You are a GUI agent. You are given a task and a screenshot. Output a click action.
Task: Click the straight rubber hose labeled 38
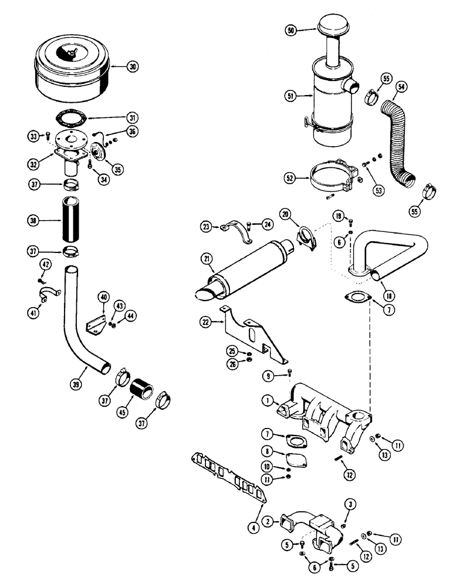(x=71, y=220)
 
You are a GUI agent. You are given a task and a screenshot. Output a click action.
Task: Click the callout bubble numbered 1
(x=267, y=402)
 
